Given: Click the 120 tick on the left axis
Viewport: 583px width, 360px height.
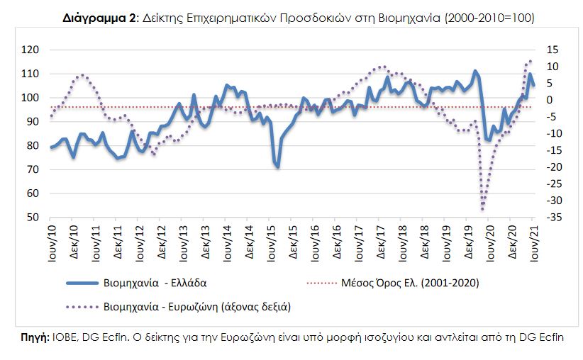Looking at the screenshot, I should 30,50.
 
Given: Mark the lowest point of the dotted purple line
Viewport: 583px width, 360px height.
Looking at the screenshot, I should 483,209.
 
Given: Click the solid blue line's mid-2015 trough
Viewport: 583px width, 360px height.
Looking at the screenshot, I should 277,167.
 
